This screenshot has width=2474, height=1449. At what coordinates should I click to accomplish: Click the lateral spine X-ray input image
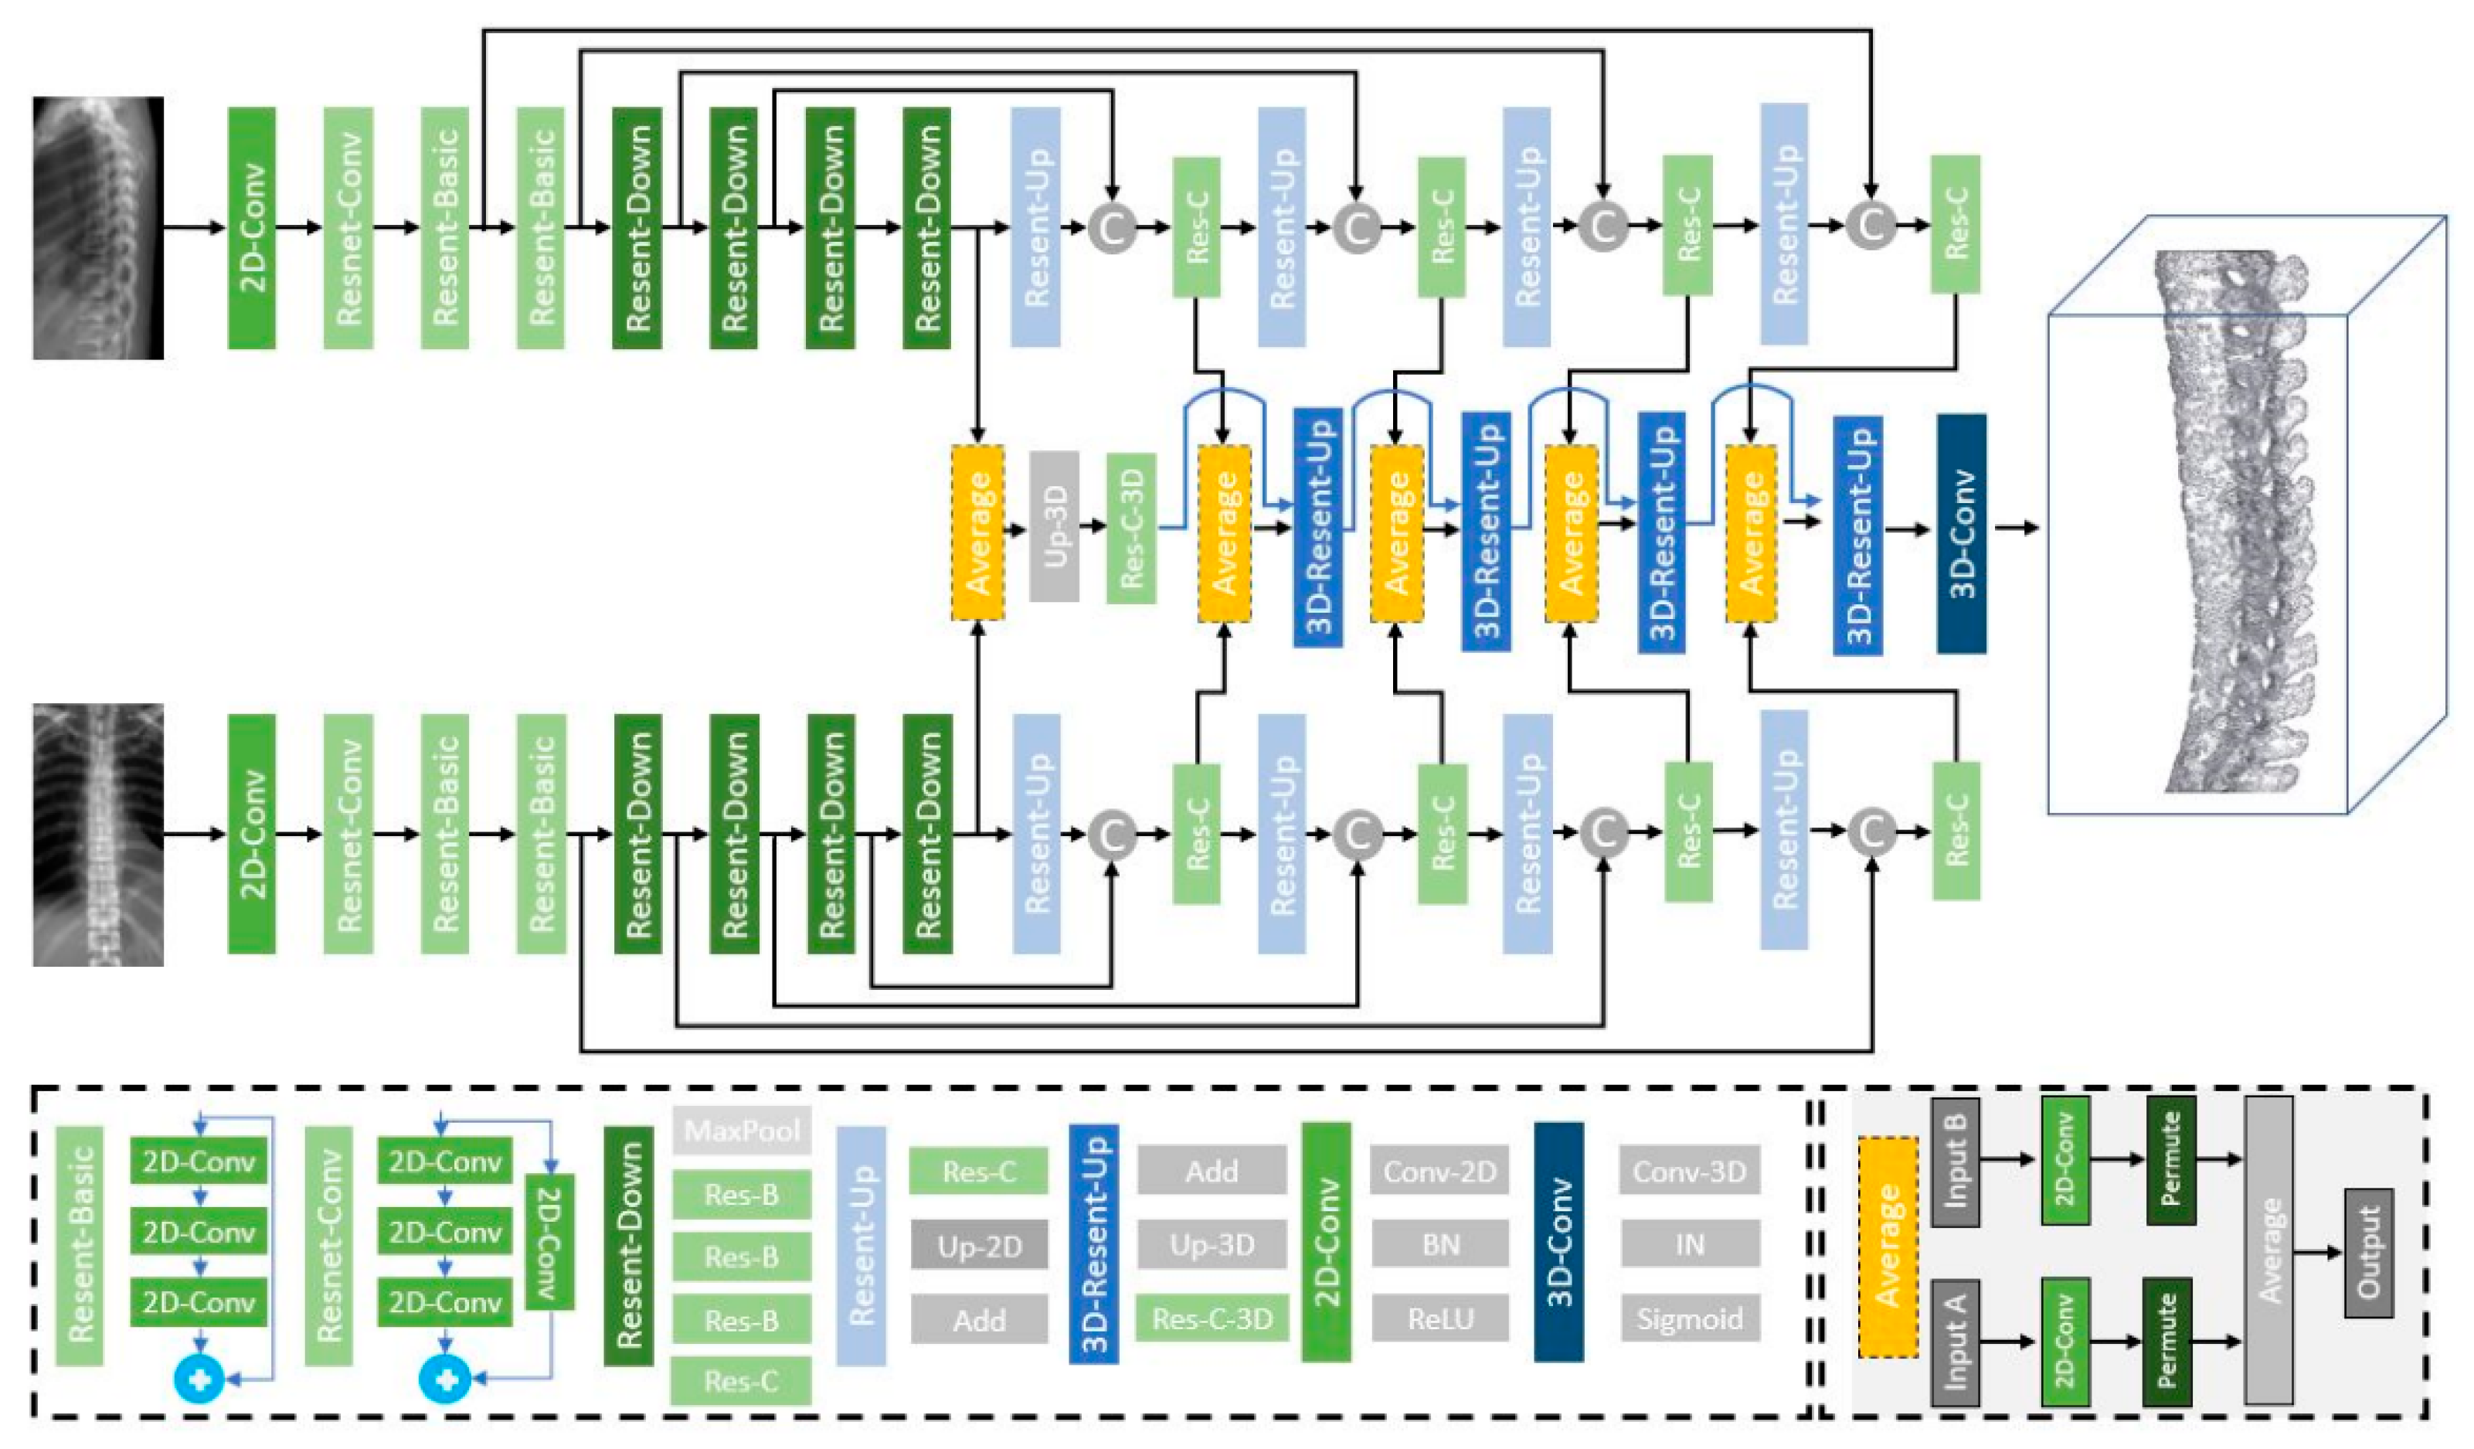click(98, 228)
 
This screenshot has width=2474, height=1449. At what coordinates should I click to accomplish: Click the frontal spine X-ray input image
click(98, 835)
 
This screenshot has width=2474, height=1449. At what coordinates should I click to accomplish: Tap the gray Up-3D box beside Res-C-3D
click(1055, 526)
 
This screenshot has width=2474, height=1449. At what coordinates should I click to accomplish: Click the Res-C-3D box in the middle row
click(1131, 528)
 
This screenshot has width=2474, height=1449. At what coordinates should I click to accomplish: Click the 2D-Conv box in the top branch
click(253, 228)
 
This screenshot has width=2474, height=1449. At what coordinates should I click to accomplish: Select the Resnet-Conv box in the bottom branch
click(348, 835)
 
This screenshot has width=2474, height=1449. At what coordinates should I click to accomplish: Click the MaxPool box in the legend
click(743, 1130)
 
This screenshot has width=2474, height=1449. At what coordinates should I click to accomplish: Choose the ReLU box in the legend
click(1440, 1318)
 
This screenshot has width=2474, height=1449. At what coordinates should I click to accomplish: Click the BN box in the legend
click(1440, 1244)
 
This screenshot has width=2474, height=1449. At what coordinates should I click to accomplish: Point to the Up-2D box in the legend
click(979, 1246)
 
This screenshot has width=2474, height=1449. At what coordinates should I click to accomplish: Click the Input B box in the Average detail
click(1955, 1162)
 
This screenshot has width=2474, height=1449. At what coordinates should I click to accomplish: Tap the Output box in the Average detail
click(2368, 1253)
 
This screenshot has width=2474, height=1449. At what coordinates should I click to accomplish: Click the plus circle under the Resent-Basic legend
click(199, 1379)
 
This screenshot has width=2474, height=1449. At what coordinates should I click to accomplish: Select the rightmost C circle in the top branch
click(1871, 226)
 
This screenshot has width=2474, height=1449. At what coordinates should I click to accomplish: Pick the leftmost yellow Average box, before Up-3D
click(978, 533)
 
